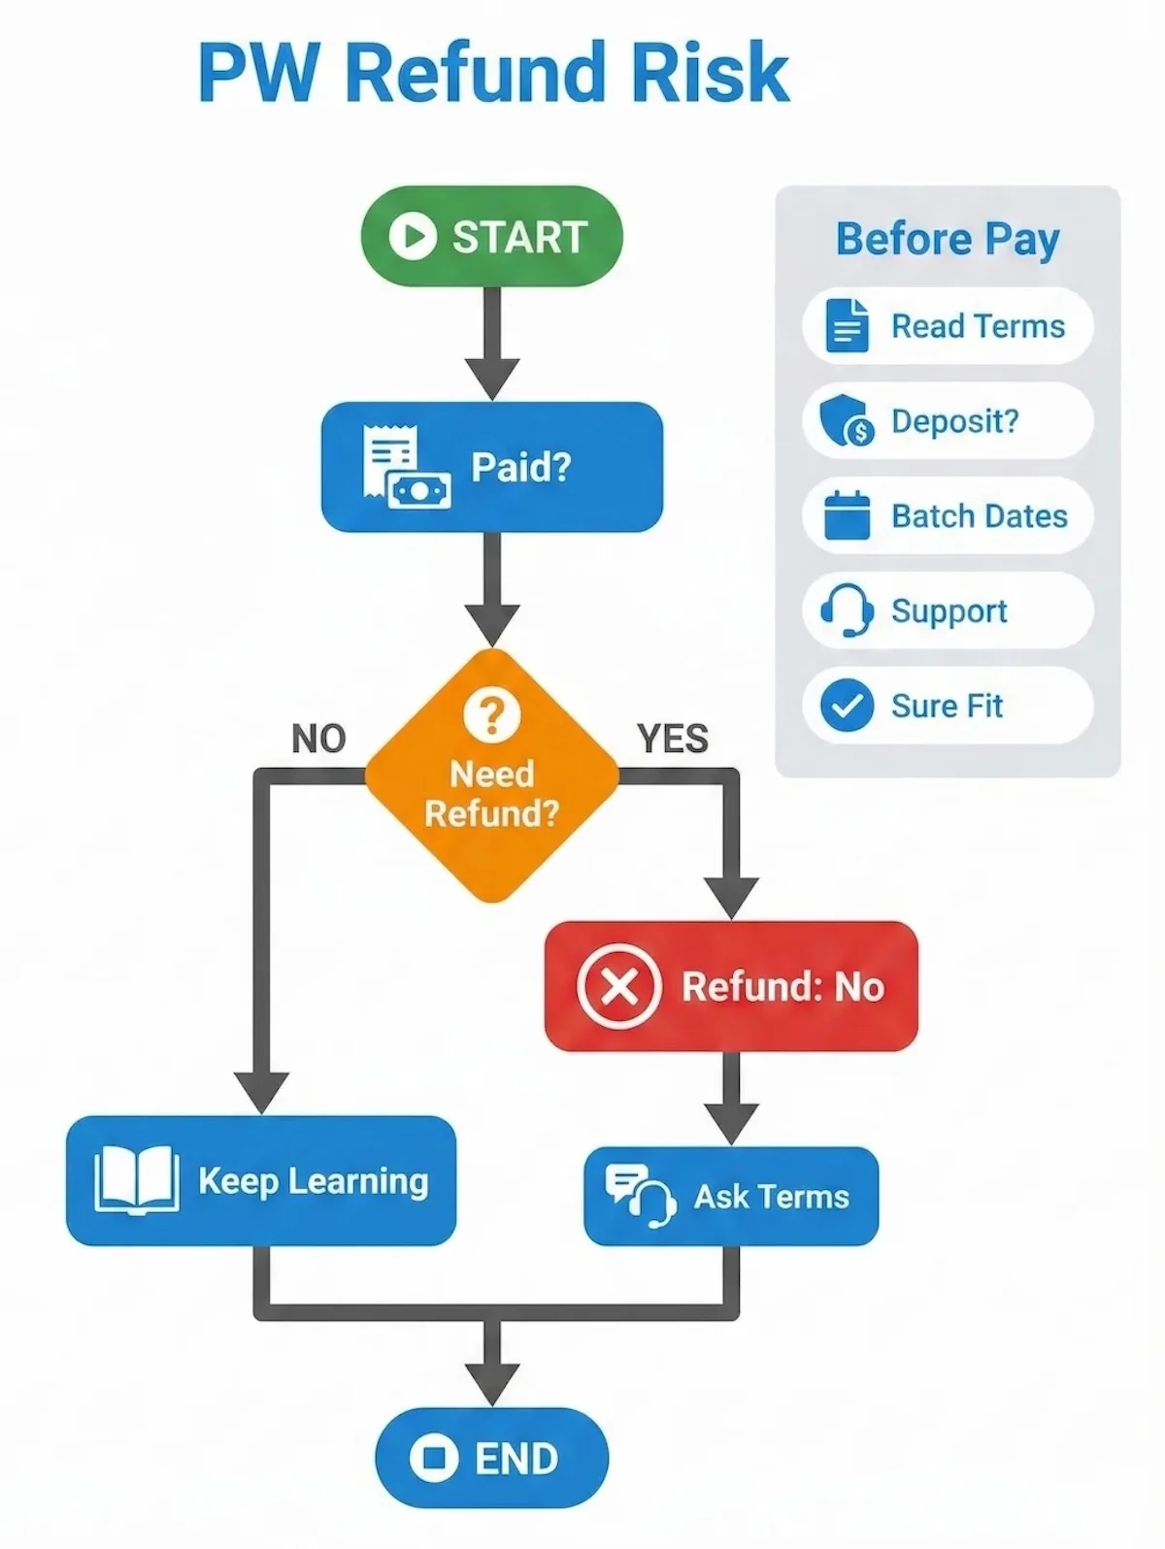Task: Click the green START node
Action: point(491,236)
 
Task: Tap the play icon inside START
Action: point(412,236)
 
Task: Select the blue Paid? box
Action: point(491,467)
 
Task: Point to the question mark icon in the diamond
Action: point(491,715)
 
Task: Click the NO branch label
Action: point(318,740)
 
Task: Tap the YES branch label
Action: point(673,740)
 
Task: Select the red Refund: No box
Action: point(730,986)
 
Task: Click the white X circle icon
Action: point(618,986)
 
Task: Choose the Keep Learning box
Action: point(260,1180)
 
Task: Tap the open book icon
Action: point(136,1180)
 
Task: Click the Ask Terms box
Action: point(730,1196)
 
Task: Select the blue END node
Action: point(491,1458)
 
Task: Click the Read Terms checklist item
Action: point(947,326)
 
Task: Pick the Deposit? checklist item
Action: point(947,421)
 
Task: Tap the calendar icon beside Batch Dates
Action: point(846,515)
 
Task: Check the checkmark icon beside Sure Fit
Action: point(846,706)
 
